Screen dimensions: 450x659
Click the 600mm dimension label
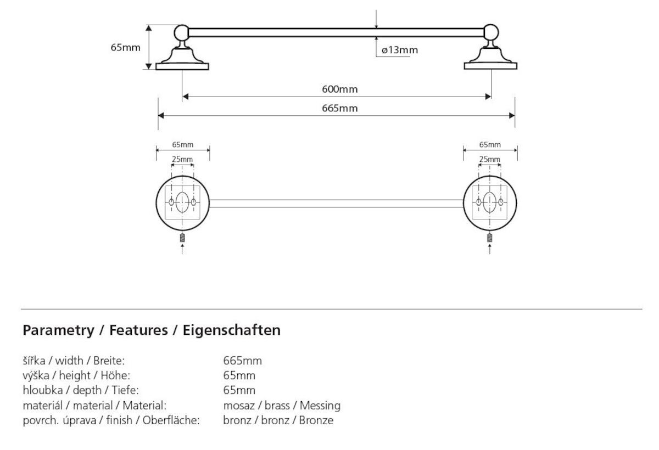click(x=336, y=89)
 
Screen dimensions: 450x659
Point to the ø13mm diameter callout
click(x=400, y=50)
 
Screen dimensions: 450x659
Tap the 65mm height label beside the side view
click(x=125, y=47)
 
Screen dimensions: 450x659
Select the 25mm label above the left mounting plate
click(x=182, y=159)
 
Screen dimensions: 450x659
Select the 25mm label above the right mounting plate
click(x=490, y=159)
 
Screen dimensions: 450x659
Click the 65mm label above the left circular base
click(x=183, y=145)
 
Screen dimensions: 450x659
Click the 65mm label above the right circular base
click(x=490, y=145)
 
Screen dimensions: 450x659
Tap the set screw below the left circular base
click(x=182, y=238)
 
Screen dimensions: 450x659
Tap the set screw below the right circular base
click(x=490, y=238)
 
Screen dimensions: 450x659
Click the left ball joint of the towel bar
click(x=182, y=32)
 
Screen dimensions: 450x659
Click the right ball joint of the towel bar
click(x=491, y=32)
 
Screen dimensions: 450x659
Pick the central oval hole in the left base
click(x=182, y=203)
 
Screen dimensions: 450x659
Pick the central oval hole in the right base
click(x=490, y=203)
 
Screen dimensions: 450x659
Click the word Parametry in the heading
click(x=58, y=330)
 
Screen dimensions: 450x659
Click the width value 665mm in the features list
click(x=242, y=361)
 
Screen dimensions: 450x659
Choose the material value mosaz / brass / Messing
click(x=282, y=406)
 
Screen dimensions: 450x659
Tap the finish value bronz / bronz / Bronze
click(x=278, y=421)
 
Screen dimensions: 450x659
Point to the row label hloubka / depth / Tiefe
click(x=80, y=391)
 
